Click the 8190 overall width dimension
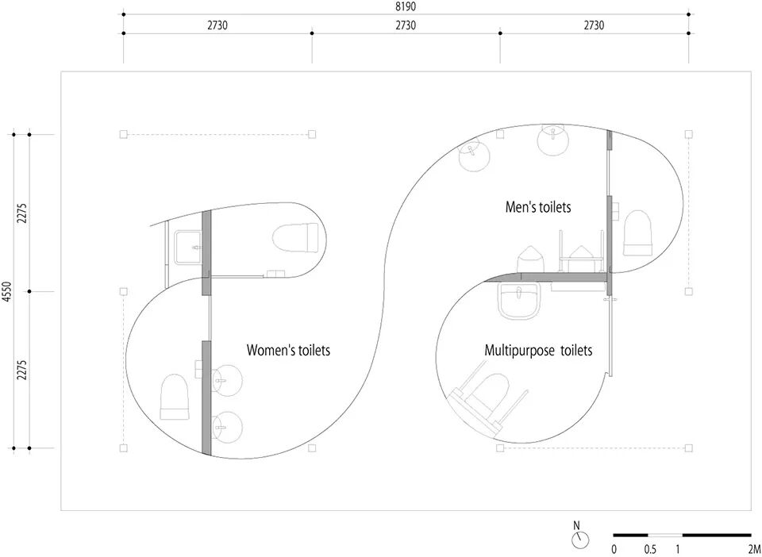(x=405, y=6)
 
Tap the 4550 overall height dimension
(x=7, y=291)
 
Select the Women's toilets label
(x=288, y=350)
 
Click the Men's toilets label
(x=538, y=207)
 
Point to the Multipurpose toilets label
(x=538, y=350)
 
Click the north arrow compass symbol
(x=581, y=540)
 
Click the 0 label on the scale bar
(x=614, y=549)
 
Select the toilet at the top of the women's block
(x=295, y=236)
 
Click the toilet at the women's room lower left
(x=175, y=398)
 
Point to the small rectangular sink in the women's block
(x=187, y=245)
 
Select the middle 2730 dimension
(x=405, y=25)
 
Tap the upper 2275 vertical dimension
(x=22, y=213)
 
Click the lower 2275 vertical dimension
(x=22, y=370)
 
